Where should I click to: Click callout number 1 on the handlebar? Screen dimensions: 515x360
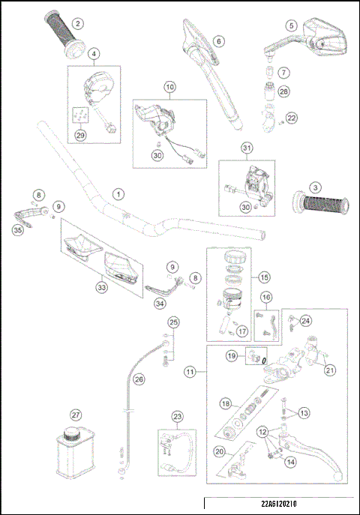(x=117, y=193)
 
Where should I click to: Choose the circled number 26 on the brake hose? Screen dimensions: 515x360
(x=138, y=379)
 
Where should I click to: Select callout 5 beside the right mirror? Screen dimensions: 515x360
(x=291, y=25)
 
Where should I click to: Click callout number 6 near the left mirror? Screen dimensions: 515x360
(x=218, y=40)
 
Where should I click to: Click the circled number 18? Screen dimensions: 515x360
(x=225, y=403)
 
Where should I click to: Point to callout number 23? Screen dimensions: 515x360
(x=177, y=417)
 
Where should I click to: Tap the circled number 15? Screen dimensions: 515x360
(x=264, y=277)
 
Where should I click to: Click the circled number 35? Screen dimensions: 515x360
(x=17, y=231)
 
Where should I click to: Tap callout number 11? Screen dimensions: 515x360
(x=190, y=371)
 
